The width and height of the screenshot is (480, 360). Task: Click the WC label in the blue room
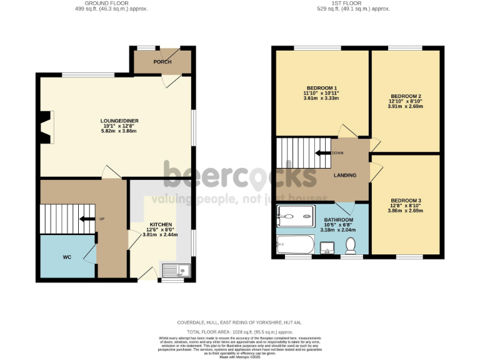click(67, 257)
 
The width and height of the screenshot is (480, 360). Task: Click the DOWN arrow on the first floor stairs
click(323, 153)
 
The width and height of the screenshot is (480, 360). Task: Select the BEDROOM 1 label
click(322, 87)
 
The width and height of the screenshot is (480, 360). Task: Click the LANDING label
click(344, 176)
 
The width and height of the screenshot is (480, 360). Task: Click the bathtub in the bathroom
click(297, 244)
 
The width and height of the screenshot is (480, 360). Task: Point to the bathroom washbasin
click(326, 249)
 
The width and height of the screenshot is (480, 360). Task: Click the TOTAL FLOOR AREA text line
click(240, 331)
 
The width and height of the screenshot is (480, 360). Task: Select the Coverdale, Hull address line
click(240, 323)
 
